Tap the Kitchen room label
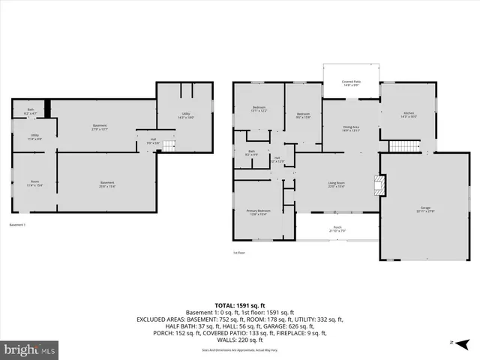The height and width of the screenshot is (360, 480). [408, 115]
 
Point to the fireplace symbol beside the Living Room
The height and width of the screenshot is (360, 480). [380, 185]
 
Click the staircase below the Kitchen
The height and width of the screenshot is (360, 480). [403, 145]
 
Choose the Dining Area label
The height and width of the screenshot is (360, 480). [350, 129]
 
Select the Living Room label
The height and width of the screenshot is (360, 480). [336, 184]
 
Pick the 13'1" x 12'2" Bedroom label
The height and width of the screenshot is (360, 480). [259, 109]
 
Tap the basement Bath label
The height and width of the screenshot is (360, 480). [30, 112]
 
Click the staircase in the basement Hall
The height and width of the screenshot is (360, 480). [170, 143]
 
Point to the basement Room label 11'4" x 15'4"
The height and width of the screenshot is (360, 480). [34, 184]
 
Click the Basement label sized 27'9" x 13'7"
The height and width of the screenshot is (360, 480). [100, 127]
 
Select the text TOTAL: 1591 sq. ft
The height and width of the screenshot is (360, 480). [239, 305]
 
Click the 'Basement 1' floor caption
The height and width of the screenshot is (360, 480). [18, 225]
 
